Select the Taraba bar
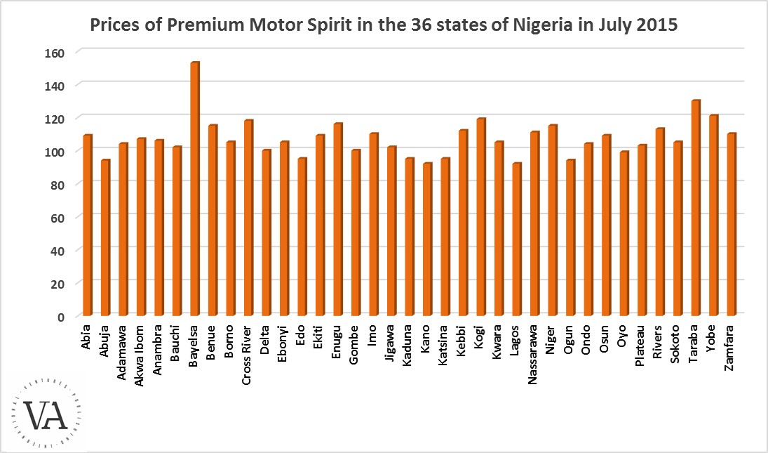[x=696, y=208]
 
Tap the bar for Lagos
[x=517, y=239]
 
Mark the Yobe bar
[x=713, y=215]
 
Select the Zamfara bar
[x=732, y=224]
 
